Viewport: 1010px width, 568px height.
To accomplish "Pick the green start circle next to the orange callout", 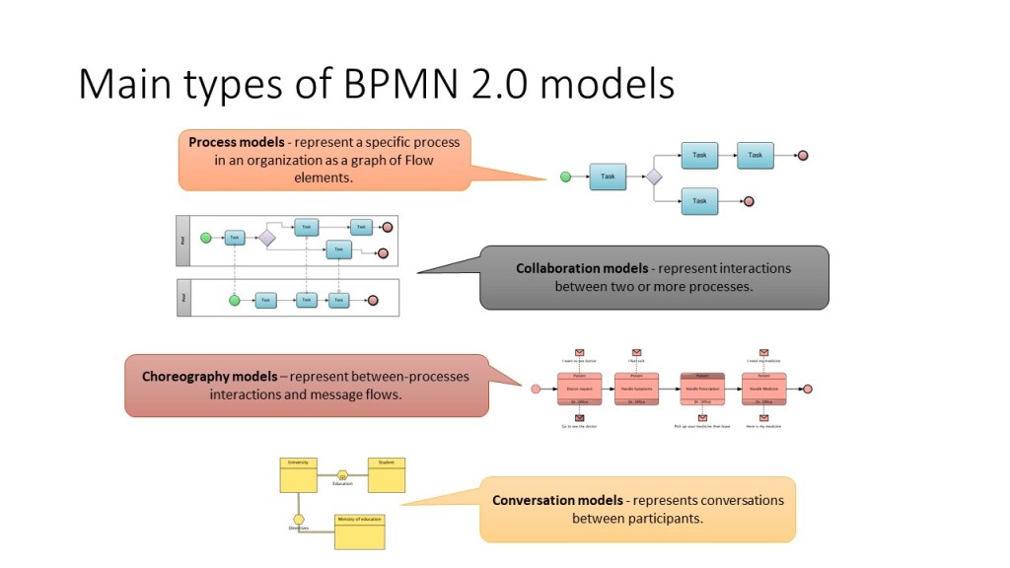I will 566,177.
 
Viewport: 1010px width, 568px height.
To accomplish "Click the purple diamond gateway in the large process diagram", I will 653,177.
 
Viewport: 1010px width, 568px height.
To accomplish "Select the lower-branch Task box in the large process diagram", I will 699,201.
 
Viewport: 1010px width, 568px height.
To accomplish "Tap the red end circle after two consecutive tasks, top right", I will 803,155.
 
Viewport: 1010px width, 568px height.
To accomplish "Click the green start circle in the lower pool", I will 235,300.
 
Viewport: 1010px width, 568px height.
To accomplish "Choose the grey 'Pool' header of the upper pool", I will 182,240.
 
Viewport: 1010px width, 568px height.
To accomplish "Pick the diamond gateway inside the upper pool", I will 266,238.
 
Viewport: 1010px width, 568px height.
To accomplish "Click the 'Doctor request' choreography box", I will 579,389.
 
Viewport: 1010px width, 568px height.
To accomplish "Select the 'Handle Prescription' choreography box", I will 702,389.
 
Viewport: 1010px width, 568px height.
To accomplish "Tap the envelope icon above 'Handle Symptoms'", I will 636,352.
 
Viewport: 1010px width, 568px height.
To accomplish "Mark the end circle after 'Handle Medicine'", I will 807,389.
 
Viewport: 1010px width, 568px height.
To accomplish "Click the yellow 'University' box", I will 298,474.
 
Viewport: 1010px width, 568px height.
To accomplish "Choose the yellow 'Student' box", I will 386,474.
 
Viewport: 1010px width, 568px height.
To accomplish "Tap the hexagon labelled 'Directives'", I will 299,519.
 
